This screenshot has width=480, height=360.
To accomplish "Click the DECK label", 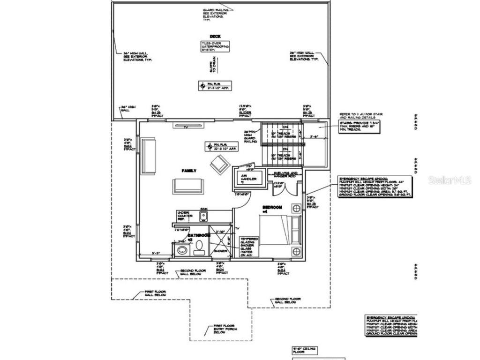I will pos(215,37).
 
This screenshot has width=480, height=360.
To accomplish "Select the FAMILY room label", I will pos(189,171).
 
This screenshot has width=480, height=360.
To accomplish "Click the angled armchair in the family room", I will pos(219,165).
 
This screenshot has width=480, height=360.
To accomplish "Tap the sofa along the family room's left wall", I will pos(149,156).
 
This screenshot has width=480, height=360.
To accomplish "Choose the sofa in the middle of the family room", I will pos(188,186).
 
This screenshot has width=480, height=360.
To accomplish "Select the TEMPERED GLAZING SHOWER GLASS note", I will pos(249,247).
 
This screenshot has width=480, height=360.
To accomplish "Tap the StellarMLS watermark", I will pos(450,180).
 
